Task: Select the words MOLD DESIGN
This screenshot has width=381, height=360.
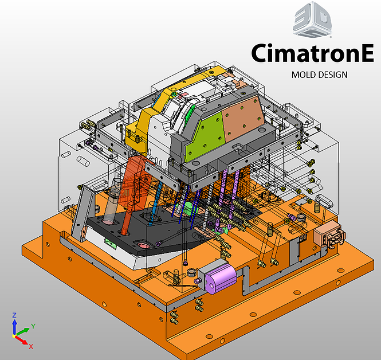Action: point(319,75)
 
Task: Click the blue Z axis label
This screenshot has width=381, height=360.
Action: point(14,315)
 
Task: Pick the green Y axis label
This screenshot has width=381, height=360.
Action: point(33,326)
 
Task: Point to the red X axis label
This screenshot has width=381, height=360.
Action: point(31,346)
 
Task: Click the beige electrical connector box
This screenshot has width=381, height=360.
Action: point(328,236)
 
